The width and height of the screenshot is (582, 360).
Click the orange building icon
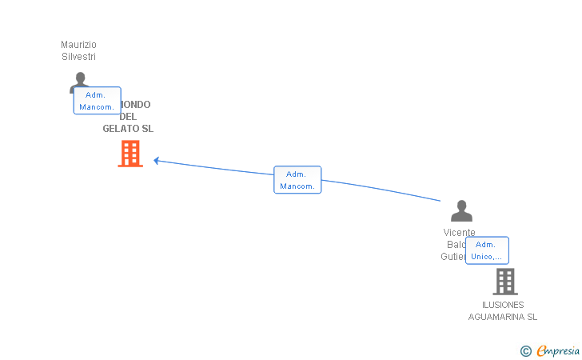[x=130, y=153]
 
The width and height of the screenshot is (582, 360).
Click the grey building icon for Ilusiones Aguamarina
[x=504, y=282]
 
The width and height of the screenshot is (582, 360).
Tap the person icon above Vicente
[x=461, y=211]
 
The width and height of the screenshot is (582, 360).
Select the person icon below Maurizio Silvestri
[x=78, y=81]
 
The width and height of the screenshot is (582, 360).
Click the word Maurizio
[x=78, y=45]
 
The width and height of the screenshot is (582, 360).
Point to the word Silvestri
[x=78, y=57]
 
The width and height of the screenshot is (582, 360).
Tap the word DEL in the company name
[x=128, y=117]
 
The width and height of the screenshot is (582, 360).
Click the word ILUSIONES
[x=503, y=305]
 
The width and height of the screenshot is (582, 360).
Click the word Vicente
[x=459, y=233]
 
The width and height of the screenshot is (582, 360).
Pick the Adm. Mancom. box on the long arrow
[x=297, y=180]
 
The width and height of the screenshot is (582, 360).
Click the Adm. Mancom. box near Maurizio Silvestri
[x=97, y=101]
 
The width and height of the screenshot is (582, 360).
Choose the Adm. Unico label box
[x=487, y=250]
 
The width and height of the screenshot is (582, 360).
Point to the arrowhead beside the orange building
[x=157, y=160]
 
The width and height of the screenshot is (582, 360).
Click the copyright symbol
[x=525, y=350]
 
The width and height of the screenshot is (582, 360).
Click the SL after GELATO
[x=147, y=129]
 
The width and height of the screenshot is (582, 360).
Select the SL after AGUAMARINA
[x=531, y=317]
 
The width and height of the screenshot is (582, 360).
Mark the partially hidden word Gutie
[x=452, y=257]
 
